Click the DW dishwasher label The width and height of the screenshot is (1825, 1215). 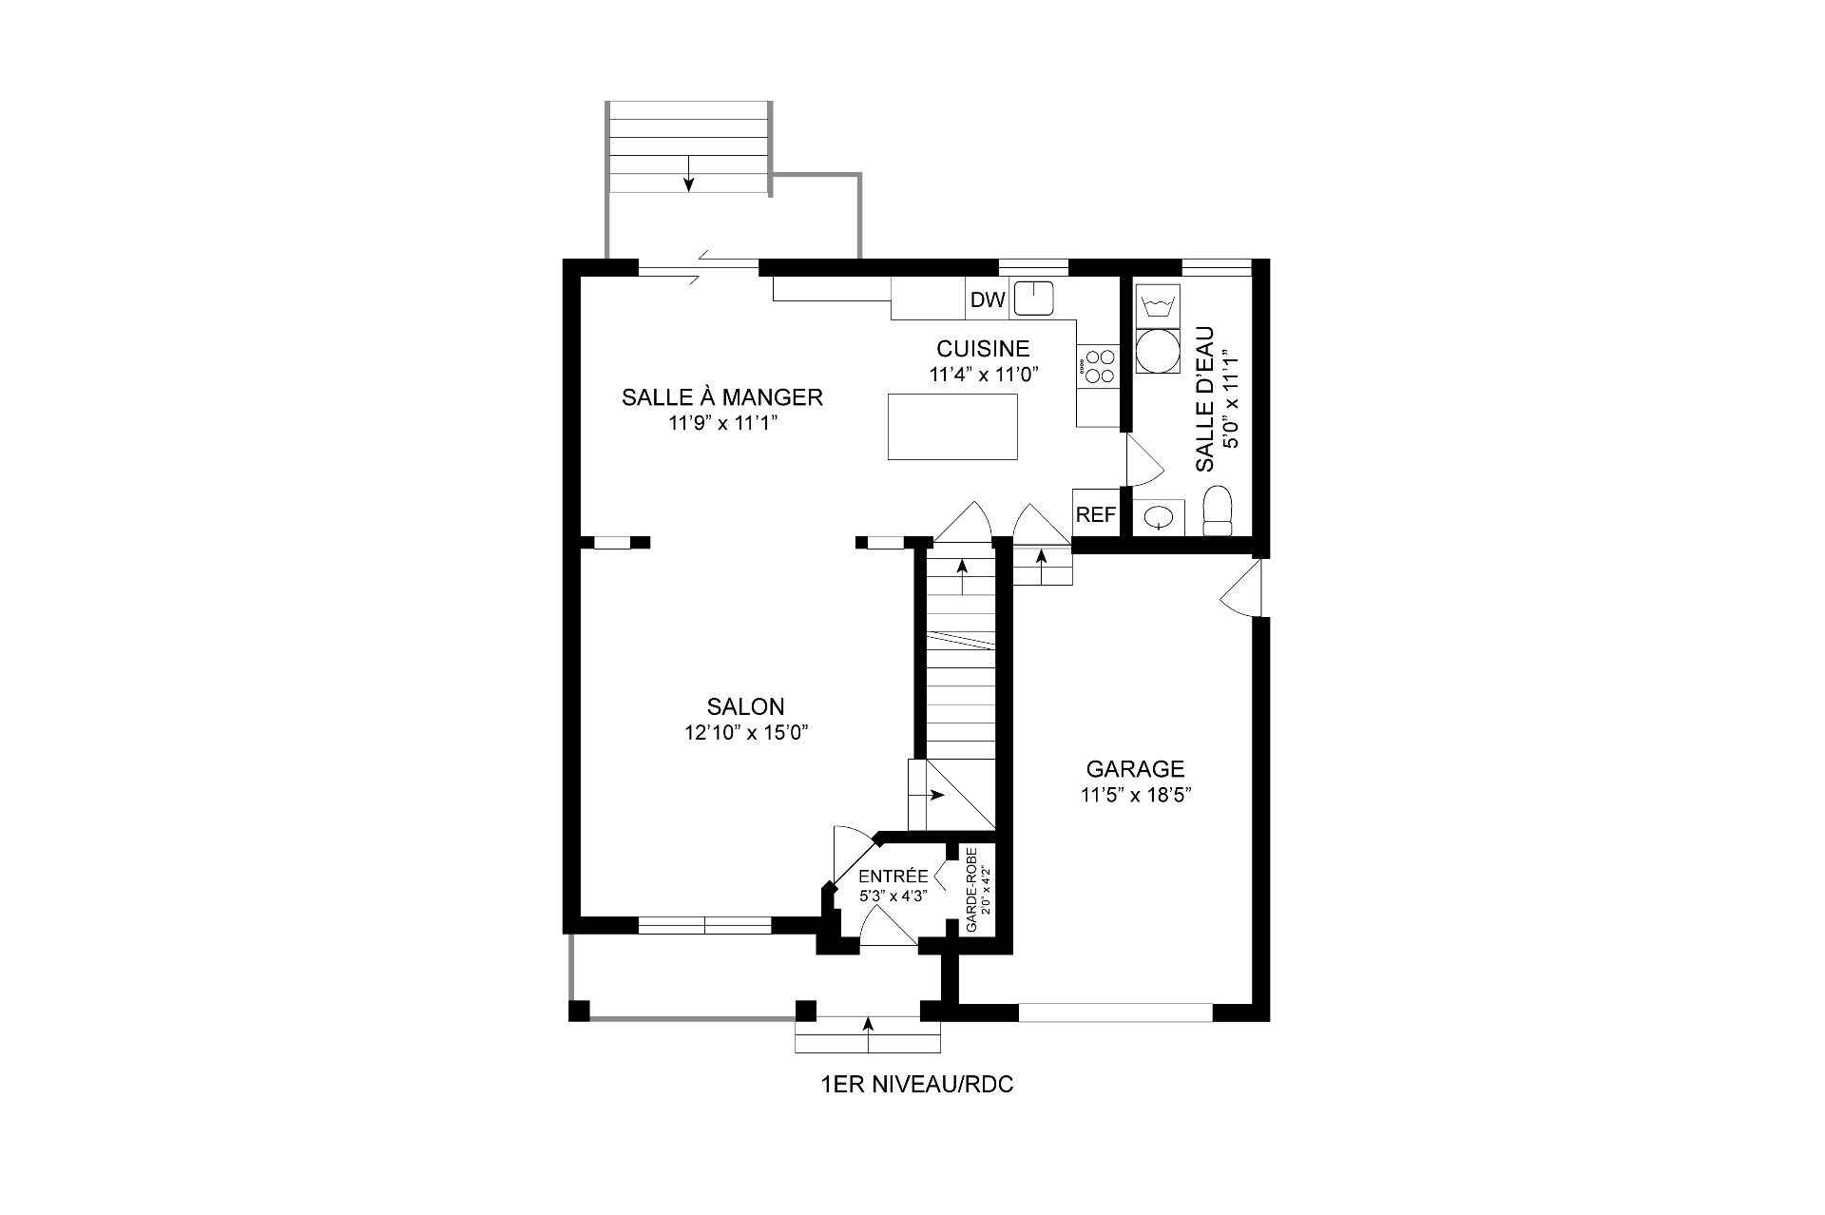[x=988, y=300]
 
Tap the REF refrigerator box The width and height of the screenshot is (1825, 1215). [x=1096, y=514]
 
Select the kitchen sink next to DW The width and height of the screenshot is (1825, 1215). [x=1034, y=299]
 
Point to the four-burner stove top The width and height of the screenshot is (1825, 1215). [x=1100, y=366]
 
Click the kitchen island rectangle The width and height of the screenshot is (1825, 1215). [x=952, y=427]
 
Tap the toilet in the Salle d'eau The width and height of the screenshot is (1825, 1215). [x=1218, y=511]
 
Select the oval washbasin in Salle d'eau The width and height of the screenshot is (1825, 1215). [x=1159, y=517]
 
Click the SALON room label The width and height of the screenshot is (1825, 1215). [x=746, y=706]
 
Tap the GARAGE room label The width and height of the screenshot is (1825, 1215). [x=1136, y=768]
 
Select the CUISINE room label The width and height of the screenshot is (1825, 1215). [x=983, y=349]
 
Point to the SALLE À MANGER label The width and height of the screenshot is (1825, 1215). [x=722, y=396]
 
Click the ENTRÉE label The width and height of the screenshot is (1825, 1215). [x=893, y=876]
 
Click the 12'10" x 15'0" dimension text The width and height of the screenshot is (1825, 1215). [x=746, y=733]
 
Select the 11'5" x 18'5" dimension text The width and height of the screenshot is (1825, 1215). [x=1136, y=795]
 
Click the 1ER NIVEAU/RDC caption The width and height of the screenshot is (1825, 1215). [x=916, y=1085]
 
